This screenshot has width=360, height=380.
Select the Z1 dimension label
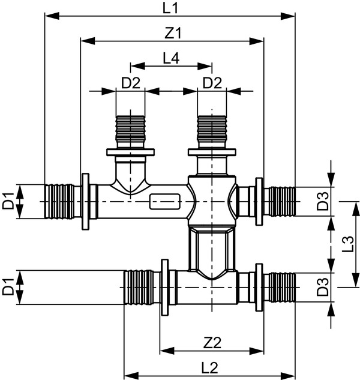pyautogui.click(x=173, y=34)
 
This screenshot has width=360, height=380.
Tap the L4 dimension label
pyautogui.click(x=171, y=58)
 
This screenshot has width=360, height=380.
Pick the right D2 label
pyautogui.click(x=211, y=83)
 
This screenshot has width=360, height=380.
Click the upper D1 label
pyautogui.click(x=8, y=202)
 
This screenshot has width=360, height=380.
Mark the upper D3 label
pyautogui.click(x=323, y=203)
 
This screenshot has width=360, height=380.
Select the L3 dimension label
pyautogui.click(x=347, y=245)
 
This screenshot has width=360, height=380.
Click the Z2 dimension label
pyautogui.click(x=212, y=343)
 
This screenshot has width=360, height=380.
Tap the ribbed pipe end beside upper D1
pyautogui.click(x=62, y=202)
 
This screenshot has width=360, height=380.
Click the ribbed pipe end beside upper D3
pyautogui.click(x=280, y=202)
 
